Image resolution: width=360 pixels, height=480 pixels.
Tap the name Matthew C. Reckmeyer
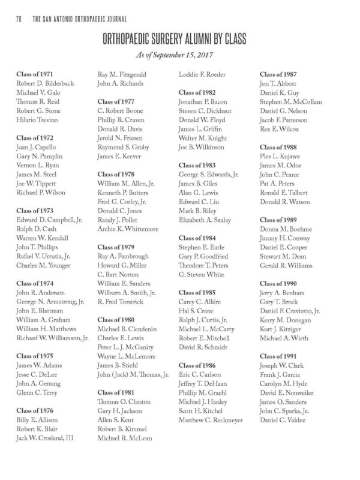click(x=210, y=419)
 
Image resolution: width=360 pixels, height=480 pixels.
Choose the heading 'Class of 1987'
click(x=278, y=74)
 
